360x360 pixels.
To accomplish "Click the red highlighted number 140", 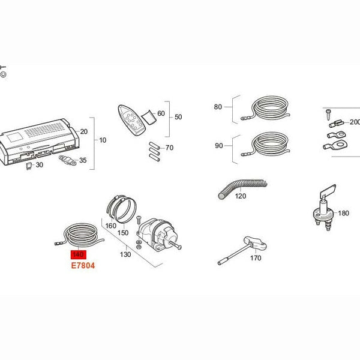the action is [x=78, y=254].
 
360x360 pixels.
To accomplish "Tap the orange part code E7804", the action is [x=83, y=266].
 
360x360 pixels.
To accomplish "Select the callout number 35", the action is [x=83, y=160].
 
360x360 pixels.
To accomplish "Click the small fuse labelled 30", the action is [x=29, y=166].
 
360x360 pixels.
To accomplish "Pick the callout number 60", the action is [x=161, y=113].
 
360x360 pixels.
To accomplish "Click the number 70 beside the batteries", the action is [x=169, y=148].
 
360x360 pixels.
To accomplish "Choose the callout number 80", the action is [x=218, y=107].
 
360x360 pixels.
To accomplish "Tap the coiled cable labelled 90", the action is [x=266, y=144].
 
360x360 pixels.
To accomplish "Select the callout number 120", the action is [x=241, y=196].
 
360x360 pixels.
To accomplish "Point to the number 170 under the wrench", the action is [x=256, y=258].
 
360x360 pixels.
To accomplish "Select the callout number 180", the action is [x=343, y=213].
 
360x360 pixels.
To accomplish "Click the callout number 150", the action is [x=123, y=233].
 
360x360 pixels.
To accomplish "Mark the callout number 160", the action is [x=110, y=226].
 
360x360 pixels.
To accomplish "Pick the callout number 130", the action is [x=125, y=254].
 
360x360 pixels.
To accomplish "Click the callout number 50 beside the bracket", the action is [x=178, y=117].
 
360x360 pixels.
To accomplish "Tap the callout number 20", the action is [x=84, y=131].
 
